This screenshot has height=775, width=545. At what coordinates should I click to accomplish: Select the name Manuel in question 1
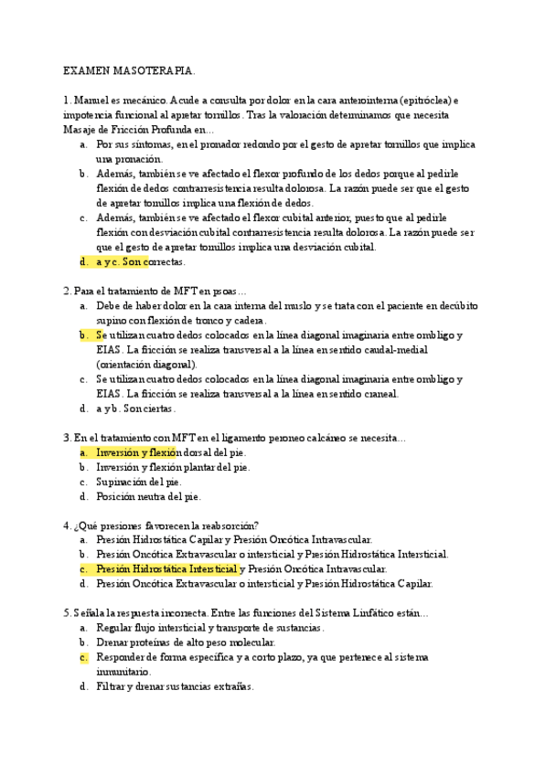[x=90, y=101]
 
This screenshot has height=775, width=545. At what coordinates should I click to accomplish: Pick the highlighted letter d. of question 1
[x=84, y=261]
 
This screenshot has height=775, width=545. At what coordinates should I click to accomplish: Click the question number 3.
[x=66, y=438]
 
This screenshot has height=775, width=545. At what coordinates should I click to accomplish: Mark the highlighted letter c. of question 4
[x=83, y=568]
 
